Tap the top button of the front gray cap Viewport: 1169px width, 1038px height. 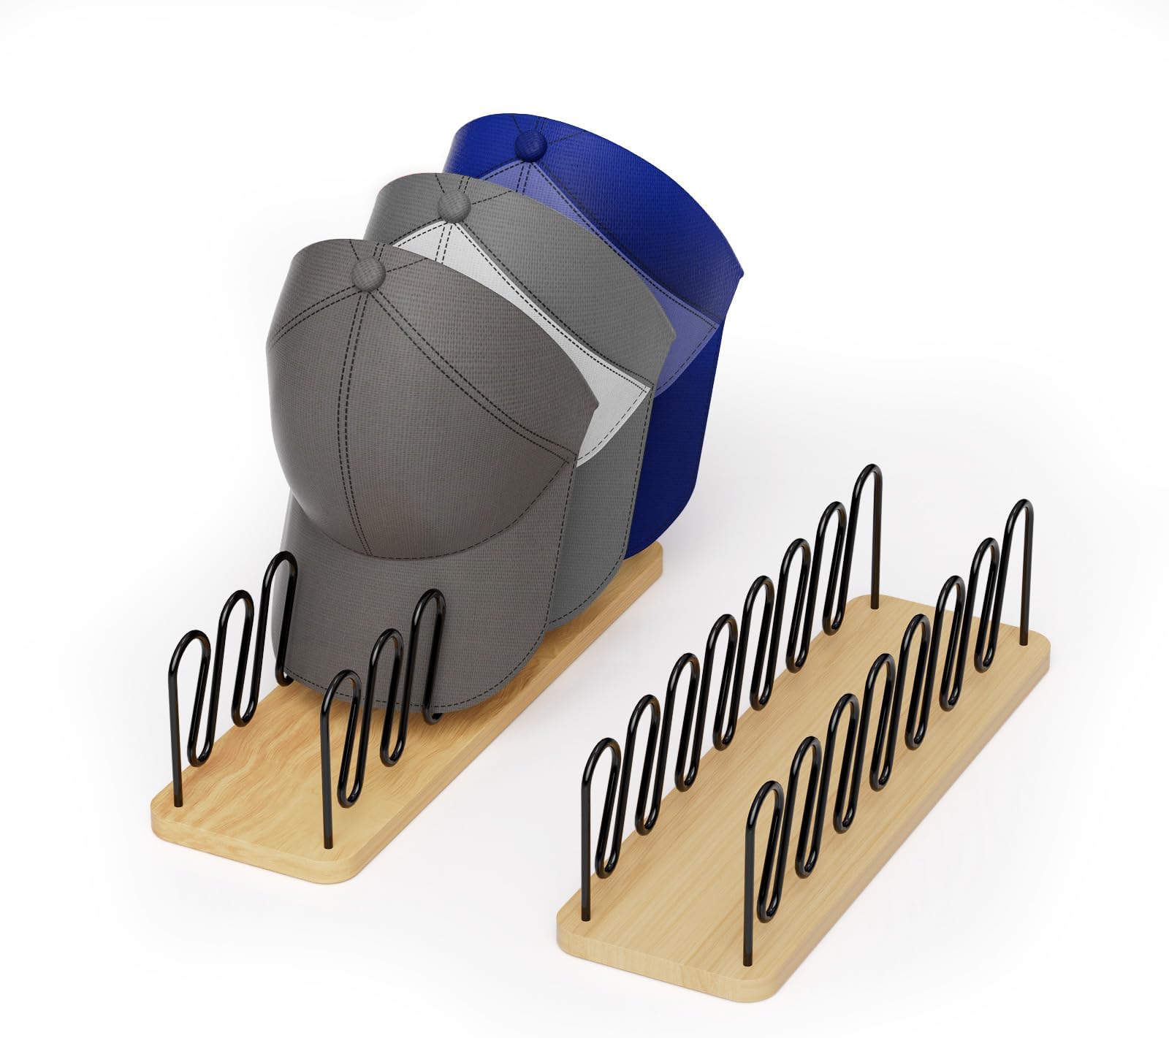pos(370,272)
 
